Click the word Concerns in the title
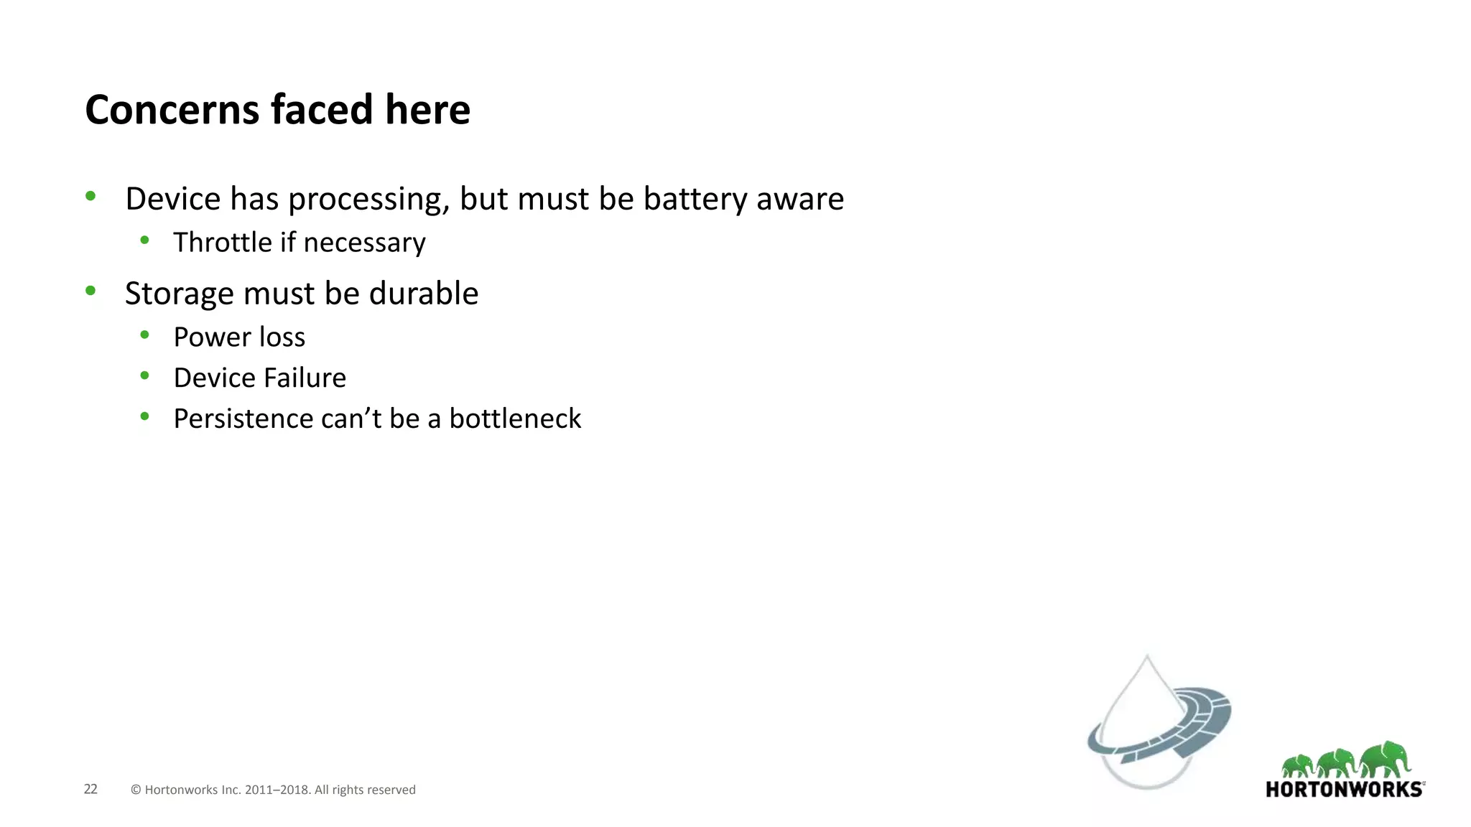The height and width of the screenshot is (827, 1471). [x=172, y=110]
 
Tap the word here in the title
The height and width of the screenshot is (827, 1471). [x=427, y=110]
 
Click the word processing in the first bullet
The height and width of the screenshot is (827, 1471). [x=368, y=200]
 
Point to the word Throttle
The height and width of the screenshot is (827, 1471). [x=223, y=243]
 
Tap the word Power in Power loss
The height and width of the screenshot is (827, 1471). [x=212, y=337]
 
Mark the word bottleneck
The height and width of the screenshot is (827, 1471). [x=515, y=419]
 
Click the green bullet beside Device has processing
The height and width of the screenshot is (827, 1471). [x=91, y=196]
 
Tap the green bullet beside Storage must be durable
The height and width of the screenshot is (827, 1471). [x=91, y=291]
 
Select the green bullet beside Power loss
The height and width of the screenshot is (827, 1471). [x=145, y=335]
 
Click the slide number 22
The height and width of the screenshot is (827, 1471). [x=91, y=789]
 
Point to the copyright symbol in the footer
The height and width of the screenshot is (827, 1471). [x=136, y=790]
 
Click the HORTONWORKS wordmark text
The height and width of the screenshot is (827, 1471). [x=1344, y=790]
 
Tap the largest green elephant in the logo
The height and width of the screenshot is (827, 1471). [x=1386, y=760]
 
